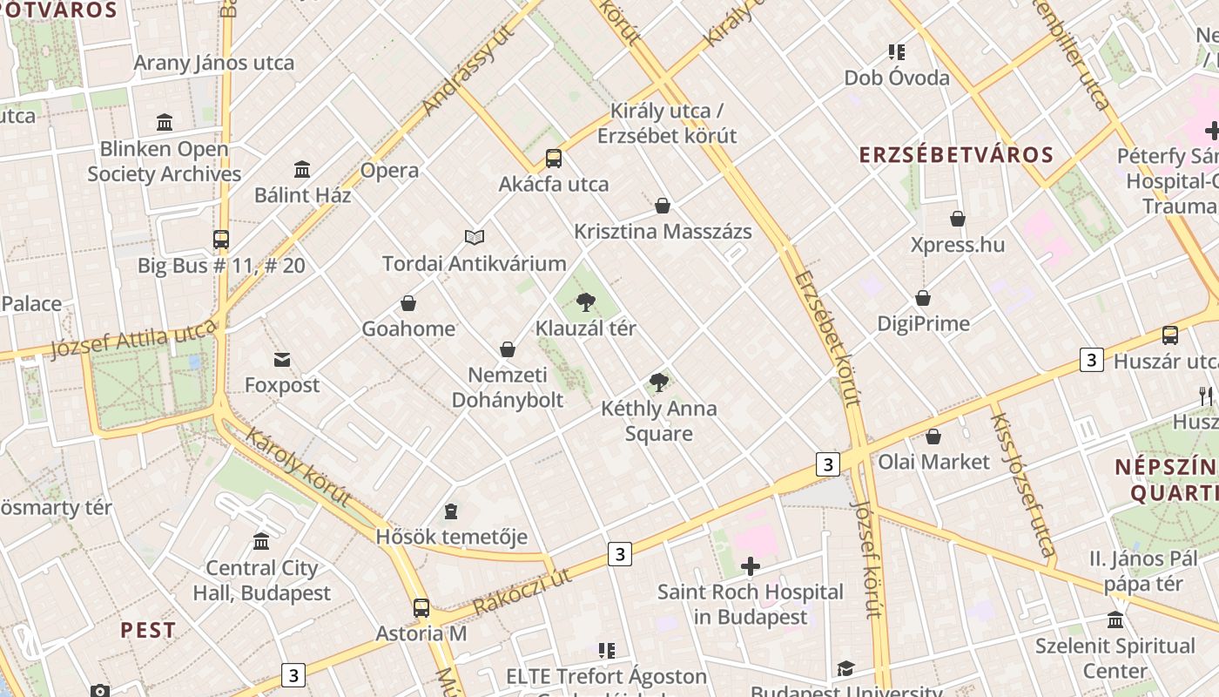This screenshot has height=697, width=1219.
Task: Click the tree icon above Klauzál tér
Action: pyautogui.click(x=586, y=302)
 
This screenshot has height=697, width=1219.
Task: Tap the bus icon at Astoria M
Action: pyautogui.click(x=421, y=607)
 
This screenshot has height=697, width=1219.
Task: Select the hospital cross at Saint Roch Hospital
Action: pyautogui.click(x=750, y=567)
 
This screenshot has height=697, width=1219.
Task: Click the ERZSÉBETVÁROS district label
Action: pyautogui.click(x=956, y=155)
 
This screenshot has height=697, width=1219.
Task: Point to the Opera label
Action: pyautogui.click(x=389, y=170)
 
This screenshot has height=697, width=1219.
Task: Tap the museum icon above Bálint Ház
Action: pyautogui.click(x=302, y=168)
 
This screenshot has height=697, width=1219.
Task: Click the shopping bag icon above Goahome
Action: pyautogui.click(x=408, y=303)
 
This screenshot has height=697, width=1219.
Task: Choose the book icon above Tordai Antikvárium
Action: pyautogui.click(x=475, y=237)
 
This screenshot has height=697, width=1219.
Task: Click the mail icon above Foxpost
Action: pyautogui.click(x=282, y=359)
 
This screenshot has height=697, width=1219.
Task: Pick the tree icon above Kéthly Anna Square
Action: pyautogui.click(x=659, y=382)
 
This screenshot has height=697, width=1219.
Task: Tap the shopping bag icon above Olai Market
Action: pyautogui.click(x=933, y=436)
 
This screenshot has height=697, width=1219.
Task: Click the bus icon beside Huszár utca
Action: pyautogui.click(x=1170, y=335)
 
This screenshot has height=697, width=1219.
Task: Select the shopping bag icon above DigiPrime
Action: pyautogui.click(x=923, y=298)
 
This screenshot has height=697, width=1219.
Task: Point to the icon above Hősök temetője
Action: pyautogui.click(x=451, y=511)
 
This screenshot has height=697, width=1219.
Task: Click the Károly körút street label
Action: pyautogui.click(x=298, y=467)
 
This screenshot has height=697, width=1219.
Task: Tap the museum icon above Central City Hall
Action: pyautogui.click(x=261, y=542)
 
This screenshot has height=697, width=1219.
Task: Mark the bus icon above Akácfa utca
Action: pyautogui.click(x=554, y=159)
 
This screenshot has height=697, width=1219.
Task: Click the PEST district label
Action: pyautogui.click(x=148, y=630)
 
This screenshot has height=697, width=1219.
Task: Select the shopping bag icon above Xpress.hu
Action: pyautogui.click(x=958, y=219)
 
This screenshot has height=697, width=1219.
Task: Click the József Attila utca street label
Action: pyautogui.click(x=133, y=339)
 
